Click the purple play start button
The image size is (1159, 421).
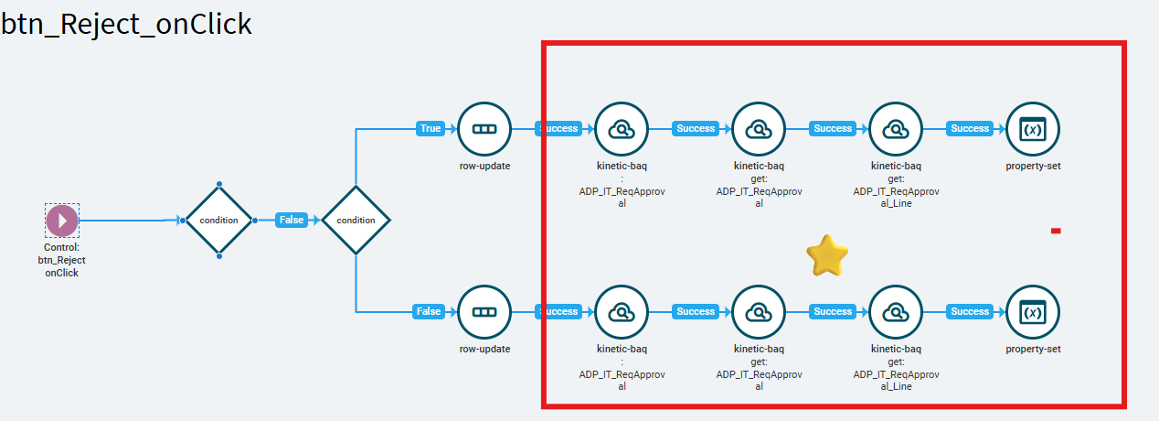click(62, 221)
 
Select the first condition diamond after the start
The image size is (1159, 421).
click(218, 221)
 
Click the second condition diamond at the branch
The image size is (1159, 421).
click(356, 221)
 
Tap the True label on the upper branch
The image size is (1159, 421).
click(430, 129)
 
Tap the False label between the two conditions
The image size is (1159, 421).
click(292, 221)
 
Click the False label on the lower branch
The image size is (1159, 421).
click(429, 312)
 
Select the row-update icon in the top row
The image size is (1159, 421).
click(484, 129)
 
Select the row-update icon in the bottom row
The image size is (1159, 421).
click(484, 312)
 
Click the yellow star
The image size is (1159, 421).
click(826, 255)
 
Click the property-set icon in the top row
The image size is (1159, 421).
click(1033, 129)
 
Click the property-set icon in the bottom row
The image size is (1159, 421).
click(1033, 312)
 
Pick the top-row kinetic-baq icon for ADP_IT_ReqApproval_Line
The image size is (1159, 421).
click(896, 129)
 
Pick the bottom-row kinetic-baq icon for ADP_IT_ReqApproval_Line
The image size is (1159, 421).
click(896, 312)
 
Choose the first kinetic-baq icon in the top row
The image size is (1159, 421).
click(622, 129)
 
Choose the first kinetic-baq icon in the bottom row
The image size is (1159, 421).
click(622, 312)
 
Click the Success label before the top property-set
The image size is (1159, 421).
click(970, 129)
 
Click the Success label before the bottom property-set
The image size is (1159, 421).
click(970, 312)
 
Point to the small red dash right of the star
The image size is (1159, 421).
click(1056, 231)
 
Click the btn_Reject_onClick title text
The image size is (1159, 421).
click(126, 24)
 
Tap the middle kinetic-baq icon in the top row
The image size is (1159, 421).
click(759, 129)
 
